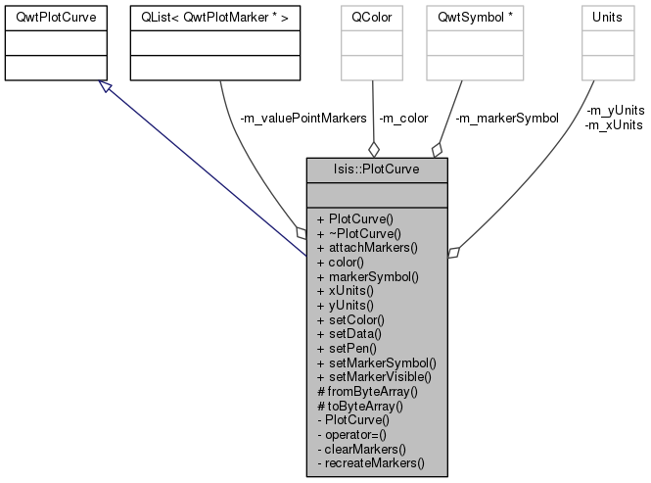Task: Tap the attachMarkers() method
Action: click(367, 248)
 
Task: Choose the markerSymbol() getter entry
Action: click(367, 276)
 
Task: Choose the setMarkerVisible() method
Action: click(374, 376)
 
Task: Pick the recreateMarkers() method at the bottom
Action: click(371, 462)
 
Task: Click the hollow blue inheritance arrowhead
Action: click(107, 87)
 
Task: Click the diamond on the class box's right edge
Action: click(452, 252)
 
